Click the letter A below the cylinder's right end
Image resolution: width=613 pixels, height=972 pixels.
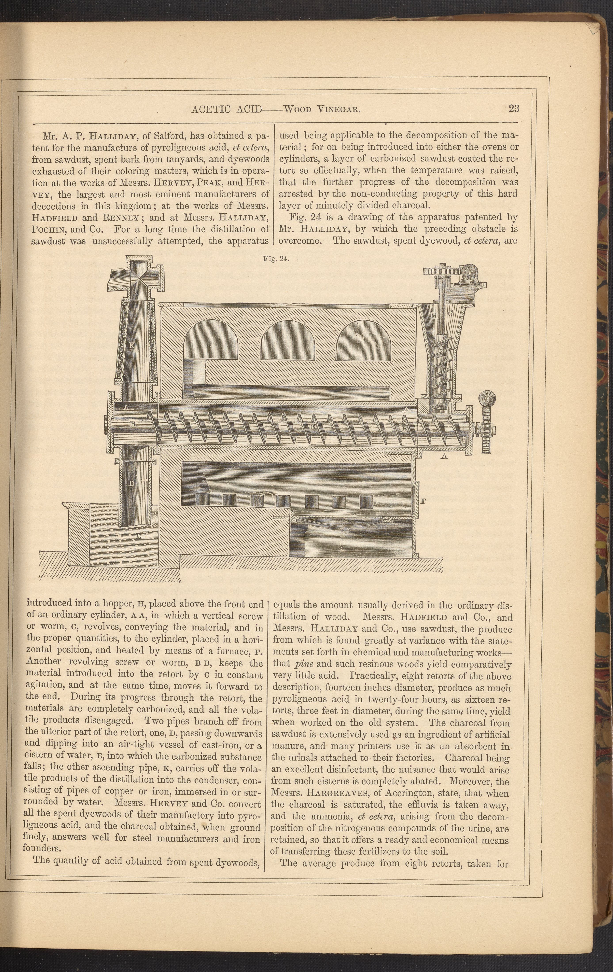[445, 456]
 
